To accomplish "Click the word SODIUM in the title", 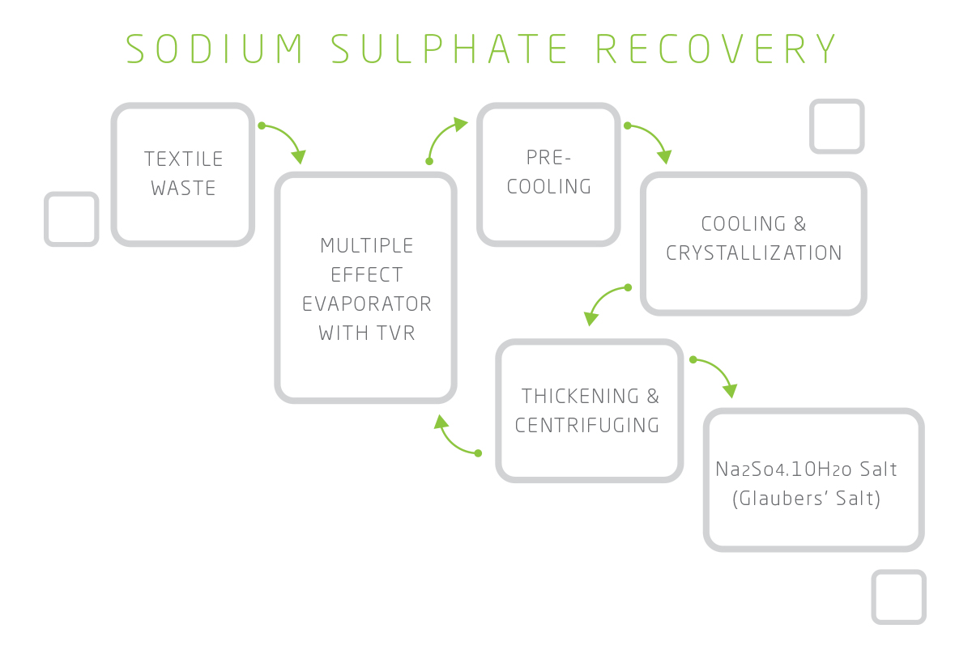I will [x=216, y=49].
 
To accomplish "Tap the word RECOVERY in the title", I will [x=717, y=49].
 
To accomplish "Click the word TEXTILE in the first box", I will [x=184, y=159].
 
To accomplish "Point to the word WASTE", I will [x=184, y=189].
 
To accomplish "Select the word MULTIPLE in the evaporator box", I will [x=367, y=245].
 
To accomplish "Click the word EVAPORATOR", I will [x=367, y=304].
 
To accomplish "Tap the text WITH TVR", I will [x=367, y=333].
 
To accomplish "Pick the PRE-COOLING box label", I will [x=549, y=172].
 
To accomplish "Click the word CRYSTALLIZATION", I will [x=754, y=253].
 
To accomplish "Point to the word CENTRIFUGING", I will [x=587, y=425].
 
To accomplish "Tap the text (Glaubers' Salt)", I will [x=806, y=499].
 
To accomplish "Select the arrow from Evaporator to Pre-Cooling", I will [x=444, y=138].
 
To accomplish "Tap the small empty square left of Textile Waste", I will [x=71, y=219].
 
